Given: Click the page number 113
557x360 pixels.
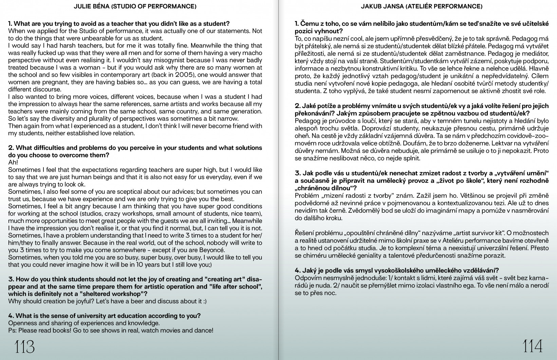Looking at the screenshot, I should click(x=24, y=347).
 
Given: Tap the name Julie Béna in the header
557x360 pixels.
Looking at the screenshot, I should click(x=89, y=6).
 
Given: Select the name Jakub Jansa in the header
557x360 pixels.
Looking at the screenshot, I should click(x=375, y=6).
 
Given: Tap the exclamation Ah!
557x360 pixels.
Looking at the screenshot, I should click(x=13, y=163).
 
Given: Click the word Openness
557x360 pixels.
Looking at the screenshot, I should click(x=23, y=323).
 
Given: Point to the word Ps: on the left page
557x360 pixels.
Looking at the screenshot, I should click(x=13, y=330).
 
